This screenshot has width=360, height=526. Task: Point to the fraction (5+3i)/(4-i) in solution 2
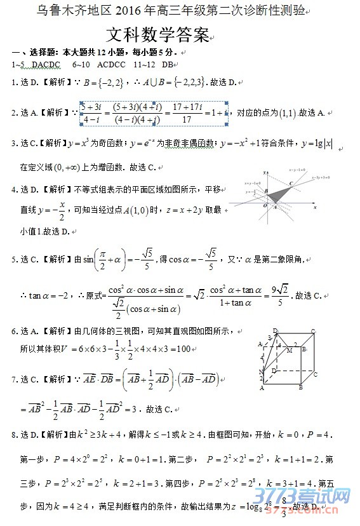point(91,112)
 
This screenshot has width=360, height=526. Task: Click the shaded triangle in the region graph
point(277,196)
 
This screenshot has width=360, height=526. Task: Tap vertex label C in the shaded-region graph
point(291,183)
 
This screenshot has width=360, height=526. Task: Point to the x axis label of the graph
point(315,206)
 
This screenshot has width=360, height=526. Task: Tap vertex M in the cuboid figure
point(289,350)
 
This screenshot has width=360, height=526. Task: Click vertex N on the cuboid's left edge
point(261,371)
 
